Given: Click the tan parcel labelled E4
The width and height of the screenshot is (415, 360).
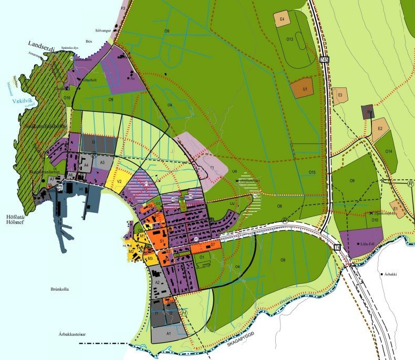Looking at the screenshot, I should coord(282,19).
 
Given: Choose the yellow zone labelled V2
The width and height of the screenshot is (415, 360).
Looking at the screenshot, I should coord(119,181).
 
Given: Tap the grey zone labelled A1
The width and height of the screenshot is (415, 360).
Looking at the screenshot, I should coord(168,334).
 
